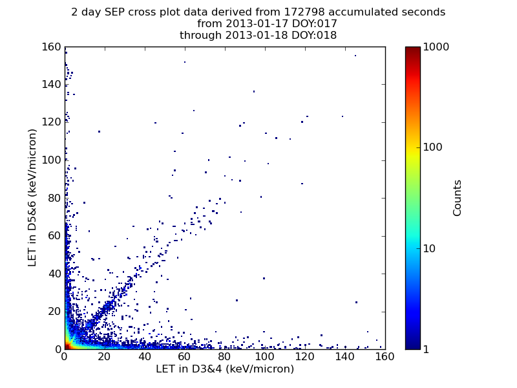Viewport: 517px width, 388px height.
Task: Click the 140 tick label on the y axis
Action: click(x=52, y=85)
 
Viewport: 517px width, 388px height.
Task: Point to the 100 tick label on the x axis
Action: click(x=264, y=357)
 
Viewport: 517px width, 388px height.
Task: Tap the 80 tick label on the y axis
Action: click(x=55, y=199)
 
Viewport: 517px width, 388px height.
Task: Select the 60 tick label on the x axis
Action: click(x=184, y=357)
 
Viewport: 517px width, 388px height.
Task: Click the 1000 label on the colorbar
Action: click(x=436, y=47)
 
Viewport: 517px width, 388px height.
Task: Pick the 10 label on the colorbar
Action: click(x=429, y=248)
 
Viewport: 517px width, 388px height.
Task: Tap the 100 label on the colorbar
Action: click(x=432, y=147)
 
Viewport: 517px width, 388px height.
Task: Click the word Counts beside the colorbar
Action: click(x=457, y=198)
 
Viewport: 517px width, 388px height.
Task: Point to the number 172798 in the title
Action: click(x=304, y=12)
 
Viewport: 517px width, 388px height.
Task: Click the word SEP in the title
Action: click(x=115, y=12)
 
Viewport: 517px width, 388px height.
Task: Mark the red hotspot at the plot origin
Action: click(x=67, y=346)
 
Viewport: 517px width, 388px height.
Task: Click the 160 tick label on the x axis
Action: click(x=385, y=357)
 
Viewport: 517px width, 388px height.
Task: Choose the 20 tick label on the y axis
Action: click(x=55, y=312)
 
